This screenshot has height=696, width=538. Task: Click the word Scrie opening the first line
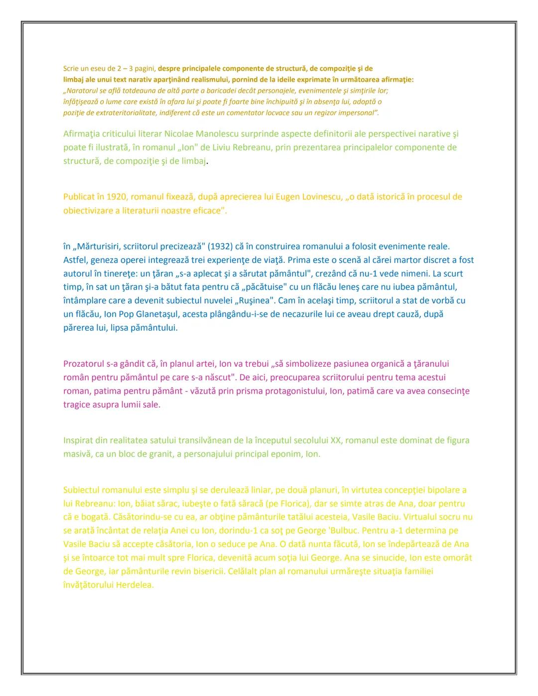pyautogui.click(x=70, y=68)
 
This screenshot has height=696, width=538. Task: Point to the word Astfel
pyautogui.click(x=74, y=260)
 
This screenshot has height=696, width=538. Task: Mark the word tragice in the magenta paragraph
pyautogui.click(x=77, y=405)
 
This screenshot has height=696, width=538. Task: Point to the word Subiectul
pyautogui.click(x=81, y=490)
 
